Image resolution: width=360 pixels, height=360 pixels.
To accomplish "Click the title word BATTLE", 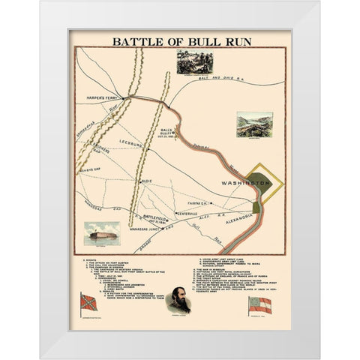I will tap(139, 41).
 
